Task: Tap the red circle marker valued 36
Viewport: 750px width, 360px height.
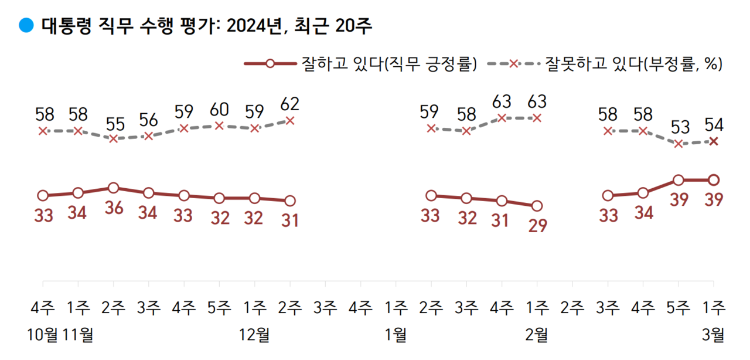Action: (x=114, y=188)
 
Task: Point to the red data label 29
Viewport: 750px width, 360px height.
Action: (x=537, y=226)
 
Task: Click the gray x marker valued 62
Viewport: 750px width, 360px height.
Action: (x=290, y=120)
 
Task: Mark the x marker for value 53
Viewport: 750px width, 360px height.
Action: (x=679, y=144)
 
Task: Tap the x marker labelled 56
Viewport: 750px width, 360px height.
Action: (x=149, y=136)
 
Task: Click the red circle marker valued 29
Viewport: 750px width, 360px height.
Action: (x=537, y=206)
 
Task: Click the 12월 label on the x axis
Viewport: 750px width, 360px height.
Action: (x=254, y=335)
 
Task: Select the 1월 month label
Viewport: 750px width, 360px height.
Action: (x=396, y=335)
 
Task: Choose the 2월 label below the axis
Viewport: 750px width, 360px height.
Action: (x=537, y=335)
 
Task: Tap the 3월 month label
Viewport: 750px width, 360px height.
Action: (x=714, y=335)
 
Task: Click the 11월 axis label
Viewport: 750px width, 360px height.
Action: (x=79, y=335)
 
